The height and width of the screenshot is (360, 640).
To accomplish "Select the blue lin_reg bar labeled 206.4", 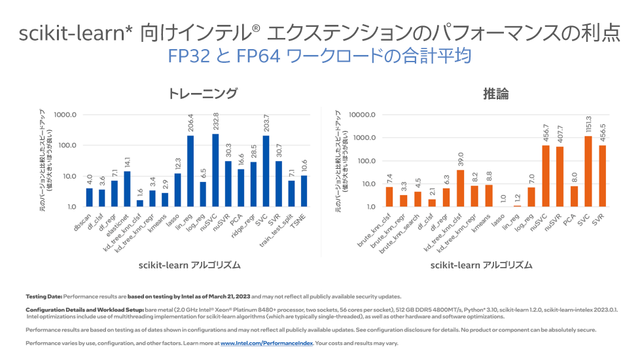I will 190,171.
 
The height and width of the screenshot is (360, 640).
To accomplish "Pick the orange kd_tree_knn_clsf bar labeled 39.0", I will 461,189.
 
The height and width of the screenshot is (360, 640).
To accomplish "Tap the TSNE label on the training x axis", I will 296,217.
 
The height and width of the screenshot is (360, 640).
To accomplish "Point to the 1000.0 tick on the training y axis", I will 67,115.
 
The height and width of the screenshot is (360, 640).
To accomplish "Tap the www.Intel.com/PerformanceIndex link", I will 267,343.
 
